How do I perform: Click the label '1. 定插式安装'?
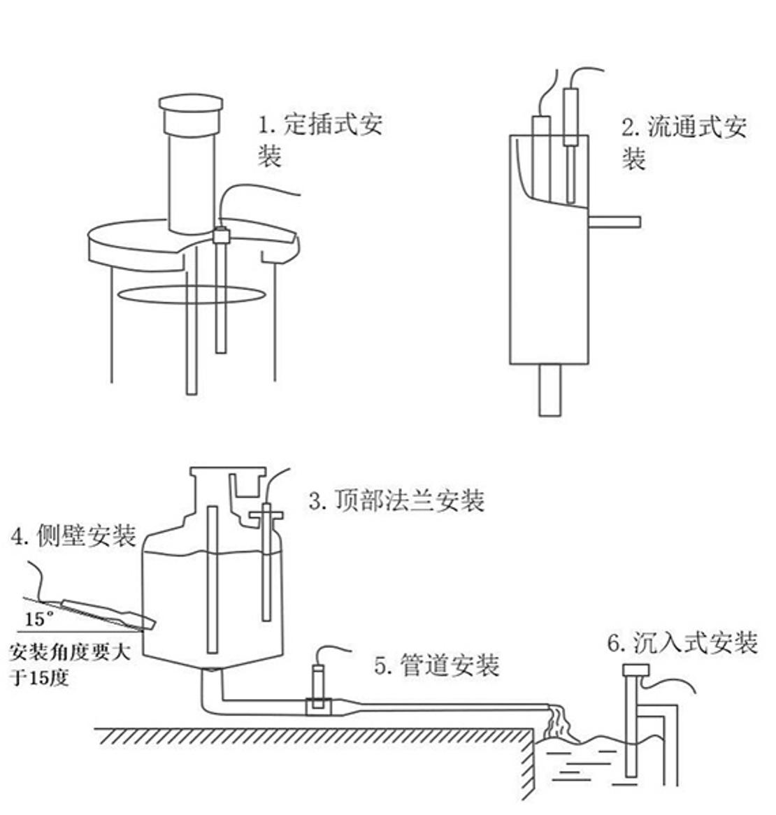319,140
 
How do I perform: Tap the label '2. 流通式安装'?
684,143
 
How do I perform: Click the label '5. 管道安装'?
437,665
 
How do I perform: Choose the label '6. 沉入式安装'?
682,642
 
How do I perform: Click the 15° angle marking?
39,619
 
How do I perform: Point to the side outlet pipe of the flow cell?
615,222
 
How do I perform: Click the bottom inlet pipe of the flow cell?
550,389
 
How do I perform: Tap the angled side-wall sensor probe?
107,612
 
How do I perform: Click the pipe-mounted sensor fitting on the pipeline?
317,705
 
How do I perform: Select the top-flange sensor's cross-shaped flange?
266,517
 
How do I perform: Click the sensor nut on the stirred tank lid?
221,235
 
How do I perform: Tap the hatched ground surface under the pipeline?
315,736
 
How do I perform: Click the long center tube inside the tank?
213,580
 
